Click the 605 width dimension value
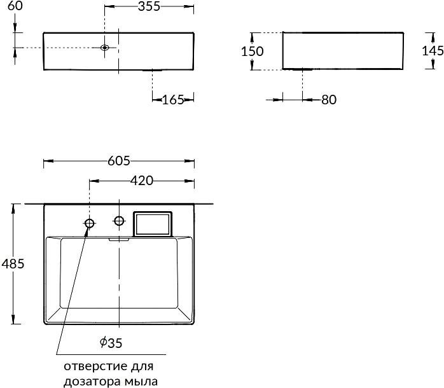pos(119,161)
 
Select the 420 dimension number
pos(142,181)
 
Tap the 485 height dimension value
pos(13,264)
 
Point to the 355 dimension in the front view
pos(149,6)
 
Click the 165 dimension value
pos(173,99)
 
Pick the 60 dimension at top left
pos(15,6)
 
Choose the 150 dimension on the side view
pos(253,52)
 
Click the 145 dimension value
pos(433,51)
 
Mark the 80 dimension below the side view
pos(329,100)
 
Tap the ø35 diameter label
pos(111,343)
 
